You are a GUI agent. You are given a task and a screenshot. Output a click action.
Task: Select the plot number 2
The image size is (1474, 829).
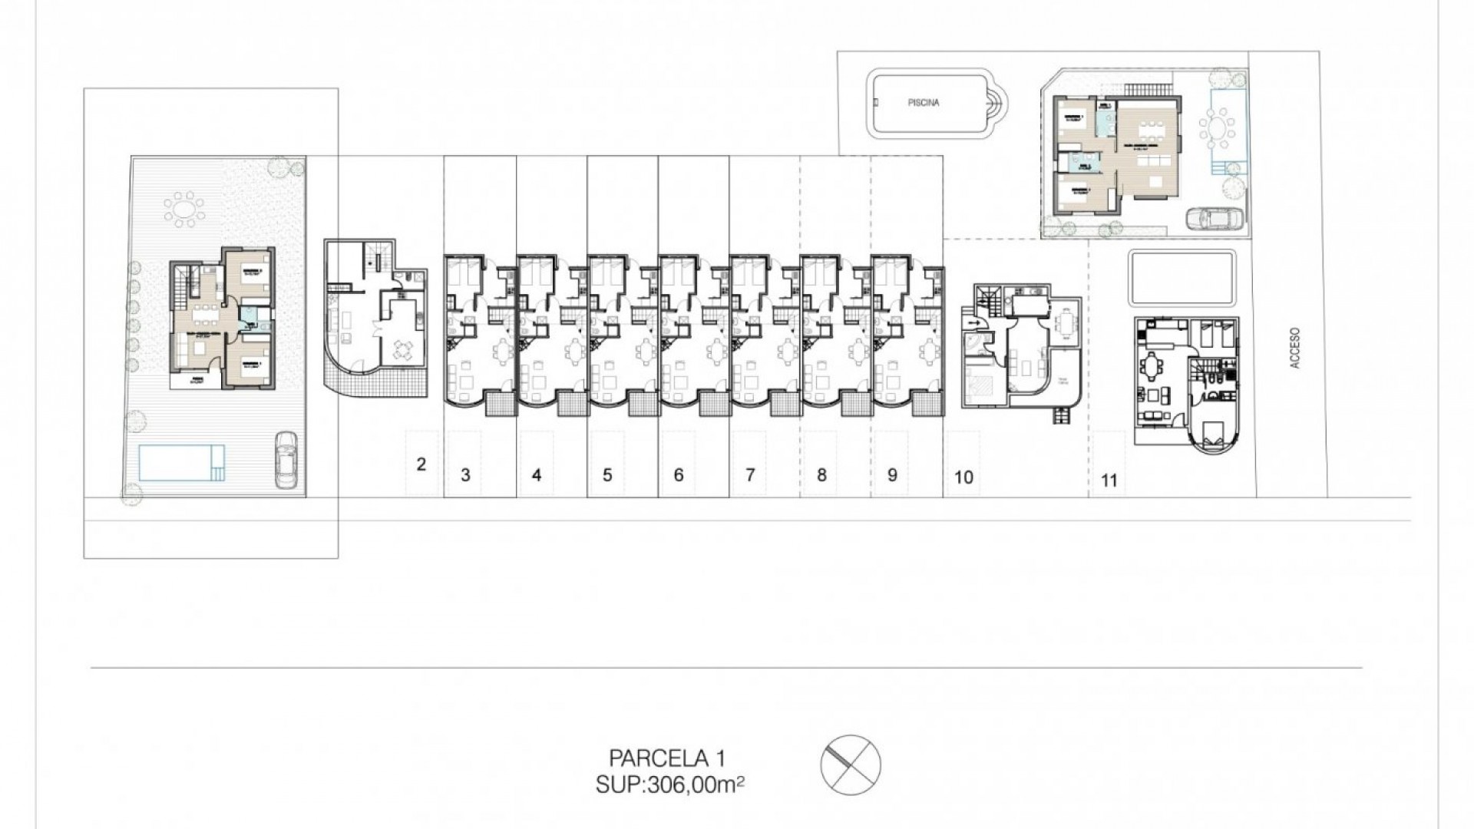421,464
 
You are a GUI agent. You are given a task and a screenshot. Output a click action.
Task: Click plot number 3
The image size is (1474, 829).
465,475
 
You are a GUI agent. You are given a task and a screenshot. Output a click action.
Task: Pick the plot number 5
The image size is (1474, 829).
607,475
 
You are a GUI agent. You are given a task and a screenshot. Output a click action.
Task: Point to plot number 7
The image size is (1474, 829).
750,475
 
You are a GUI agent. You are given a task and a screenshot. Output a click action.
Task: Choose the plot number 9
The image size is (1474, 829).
892,475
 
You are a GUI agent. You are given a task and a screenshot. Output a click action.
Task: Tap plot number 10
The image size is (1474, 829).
963,477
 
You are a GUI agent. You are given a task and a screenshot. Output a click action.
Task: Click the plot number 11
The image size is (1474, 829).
1109,481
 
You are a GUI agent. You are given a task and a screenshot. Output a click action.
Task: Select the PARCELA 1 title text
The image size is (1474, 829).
666,758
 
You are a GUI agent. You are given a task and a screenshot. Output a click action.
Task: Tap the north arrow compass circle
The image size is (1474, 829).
851,765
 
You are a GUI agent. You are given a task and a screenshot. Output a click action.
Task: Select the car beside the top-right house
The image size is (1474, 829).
1214,219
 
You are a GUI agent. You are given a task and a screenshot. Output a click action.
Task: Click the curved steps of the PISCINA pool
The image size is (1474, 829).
996,102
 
